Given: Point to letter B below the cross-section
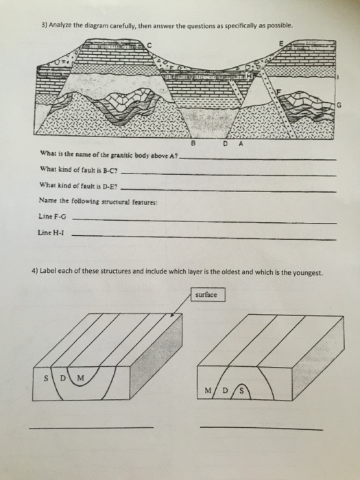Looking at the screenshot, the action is pos(193,143).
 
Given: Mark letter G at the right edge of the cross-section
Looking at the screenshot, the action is pos(339,104).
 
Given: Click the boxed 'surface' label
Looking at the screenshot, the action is pos(206,296).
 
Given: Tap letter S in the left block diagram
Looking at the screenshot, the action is pos(47,376).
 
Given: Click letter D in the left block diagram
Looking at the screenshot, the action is pos(62,376).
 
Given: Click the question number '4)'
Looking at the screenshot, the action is pos(34,271).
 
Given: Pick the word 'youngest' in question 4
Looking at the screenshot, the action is pos(307,271).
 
